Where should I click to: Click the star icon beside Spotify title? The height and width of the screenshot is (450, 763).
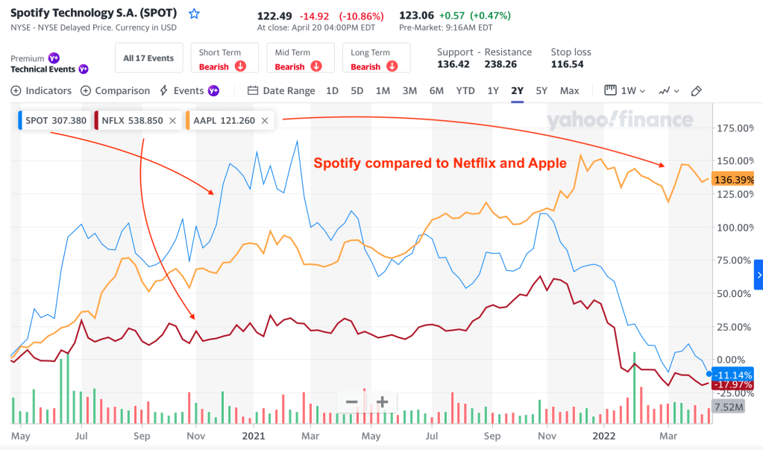point(195,13)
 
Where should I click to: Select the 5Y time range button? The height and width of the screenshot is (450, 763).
point(541,91)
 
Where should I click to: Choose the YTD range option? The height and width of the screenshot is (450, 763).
point(465,91)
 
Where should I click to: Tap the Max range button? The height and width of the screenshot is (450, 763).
point(569,91)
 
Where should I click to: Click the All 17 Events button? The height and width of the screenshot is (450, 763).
point(148,58)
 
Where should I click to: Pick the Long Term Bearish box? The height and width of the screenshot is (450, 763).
point(375,59)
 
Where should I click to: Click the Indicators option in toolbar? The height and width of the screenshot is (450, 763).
point(42,91)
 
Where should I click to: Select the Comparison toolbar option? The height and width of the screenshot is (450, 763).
point(116,91)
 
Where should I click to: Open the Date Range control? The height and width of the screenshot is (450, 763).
point(281,91)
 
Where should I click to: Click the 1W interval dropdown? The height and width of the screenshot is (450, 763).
point(624,91)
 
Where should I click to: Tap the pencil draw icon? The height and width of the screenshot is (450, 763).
point(697,91)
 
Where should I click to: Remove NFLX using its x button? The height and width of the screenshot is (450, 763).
point(172,120)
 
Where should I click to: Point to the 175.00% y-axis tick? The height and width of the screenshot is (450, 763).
point(735,128)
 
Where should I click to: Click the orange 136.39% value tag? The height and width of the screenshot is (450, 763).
point(734,180)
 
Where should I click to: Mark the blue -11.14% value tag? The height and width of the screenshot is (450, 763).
point(734,375)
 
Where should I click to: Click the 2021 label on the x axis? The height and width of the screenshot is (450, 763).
point(254,435)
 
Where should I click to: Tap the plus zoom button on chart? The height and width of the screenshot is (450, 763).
point(382,402)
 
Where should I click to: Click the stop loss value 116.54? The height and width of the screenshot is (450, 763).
point(567,65)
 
